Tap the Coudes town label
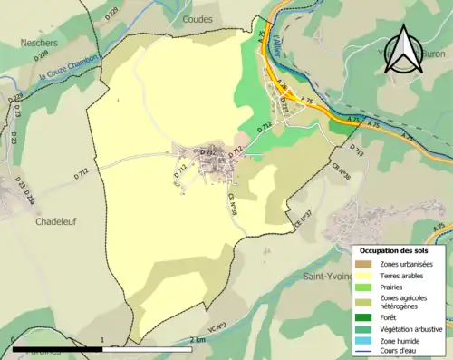click(x=197, y=18)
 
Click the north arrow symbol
click(x=400, y=50)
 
